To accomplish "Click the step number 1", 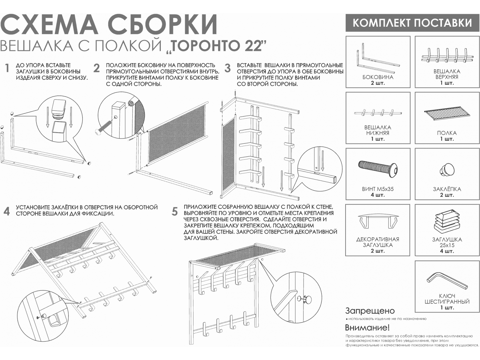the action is click(x=7, y=68).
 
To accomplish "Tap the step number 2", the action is click(x=96, y=68).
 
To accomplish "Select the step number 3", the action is click(x=228, y=68).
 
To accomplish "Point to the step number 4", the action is click(x=7, y=211).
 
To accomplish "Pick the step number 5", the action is click(x=175, y=211).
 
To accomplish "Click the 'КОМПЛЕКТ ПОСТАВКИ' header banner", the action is click(x=412, y=23).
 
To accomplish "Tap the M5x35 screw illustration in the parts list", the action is click(x=378, y=169).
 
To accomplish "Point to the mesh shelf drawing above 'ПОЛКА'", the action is click(x=447, y=113).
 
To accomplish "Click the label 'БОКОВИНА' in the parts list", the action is click(x=378, y=77).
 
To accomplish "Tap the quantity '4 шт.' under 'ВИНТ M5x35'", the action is click(x=378, y=195).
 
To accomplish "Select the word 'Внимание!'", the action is click(x=367, y=327).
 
